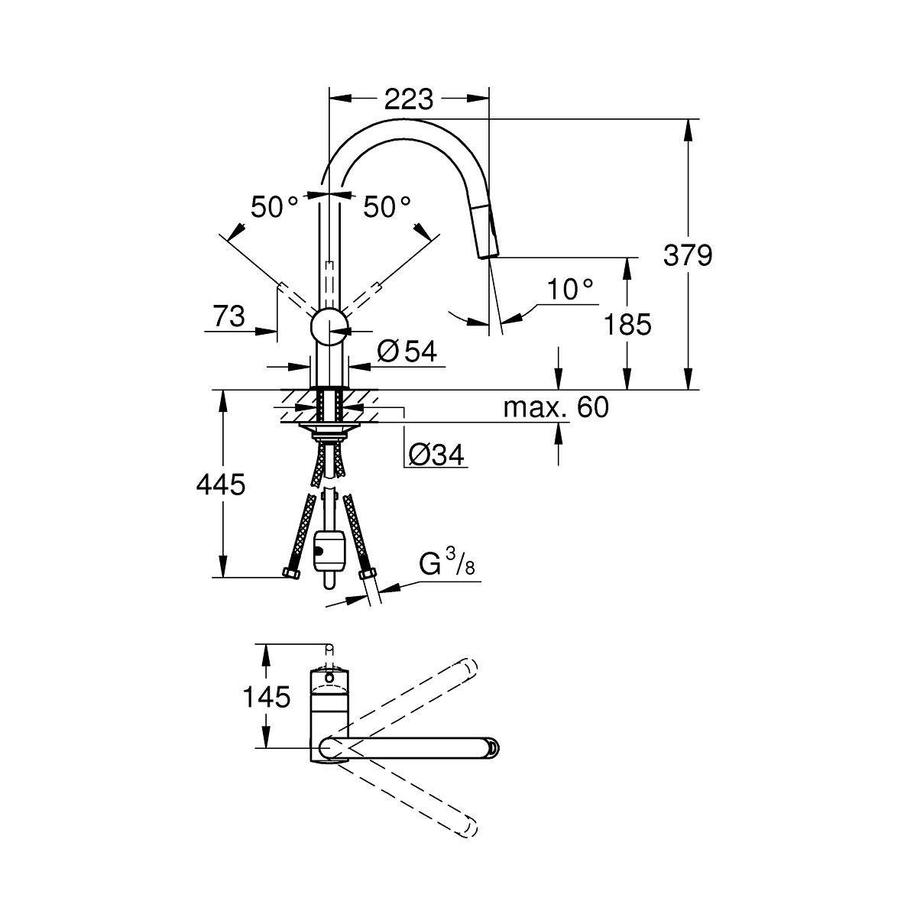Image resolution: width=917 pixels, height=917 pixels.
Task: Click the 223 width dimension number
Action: click(x=409, y=99)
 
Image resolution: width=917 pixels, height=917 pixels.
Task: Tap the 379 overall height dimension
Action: click(x=688, y=255)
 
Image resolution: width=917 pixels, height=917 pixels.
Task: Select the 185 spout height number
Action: click(x=627, y=325)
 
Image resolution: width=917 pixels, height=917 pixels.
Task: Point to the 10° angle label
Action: click(x=570, y=289)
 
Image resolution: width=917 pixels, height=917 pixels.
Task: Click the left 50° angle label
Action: click(x=274, y=207)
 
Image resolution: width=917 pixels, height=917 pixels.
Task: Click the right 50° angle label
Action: click(x=387, y=207)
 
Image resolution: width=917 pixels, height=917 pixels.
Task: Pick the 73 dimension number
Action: click(x=229, y=316)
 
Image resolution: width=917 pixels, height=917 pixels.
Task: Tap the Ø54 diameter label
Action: click(x=407, y=352)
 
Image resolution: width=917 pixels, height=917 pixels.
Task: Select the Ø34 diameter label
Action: click(x=436, y=455)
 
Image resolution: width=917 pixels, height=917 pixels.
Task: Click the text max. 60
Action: click(x=556, y=407)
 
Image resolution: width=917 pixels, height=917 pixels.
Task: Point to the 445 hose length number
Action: click(x=221, y=484)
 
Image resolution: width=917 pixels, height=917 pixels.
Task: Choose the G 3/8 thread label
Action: click(x=447, y=563)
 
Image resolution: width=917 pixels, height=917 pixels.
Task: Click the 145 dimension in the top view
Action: click(x=267, y=698)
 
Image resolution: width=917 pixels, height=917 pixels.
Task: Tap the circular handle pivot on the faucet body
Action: click(x=329, y=326)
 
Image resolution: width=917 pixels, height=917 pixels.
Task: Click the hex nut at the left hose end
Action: click(x=290, y=572)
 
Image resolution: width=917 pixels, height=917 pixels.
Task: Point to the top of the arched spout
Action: click(x=407, y=128)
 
